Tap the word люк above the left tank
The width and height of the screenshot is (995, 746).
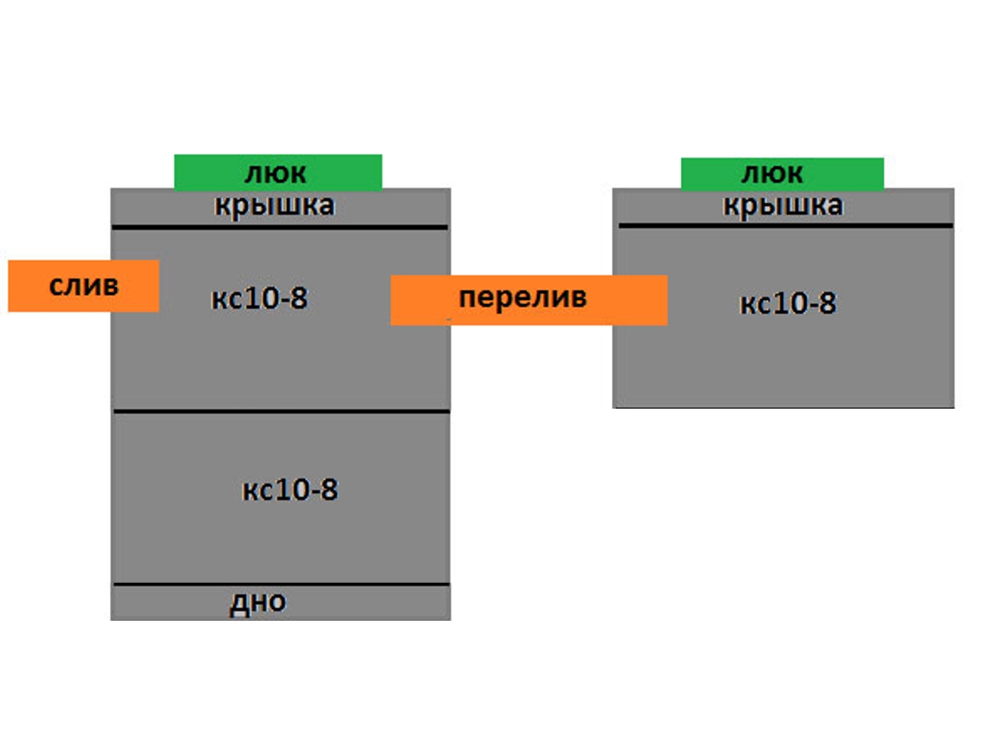(x=275, y=173)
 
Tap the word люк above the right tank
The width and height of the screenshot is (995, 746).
(x=771, y=173)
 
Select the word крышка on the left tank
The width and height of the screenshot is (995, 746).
(x=274, y=206)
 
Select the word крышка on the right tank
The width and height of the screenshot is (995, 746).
(x=783, y=205)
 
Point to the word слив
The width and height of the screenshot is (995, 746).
(x=84, y=286)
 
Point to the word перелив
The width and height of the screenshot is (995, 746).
(x=522, y=298)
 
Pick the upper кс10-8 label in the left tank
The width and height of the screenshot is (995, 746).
(x=259, y=298)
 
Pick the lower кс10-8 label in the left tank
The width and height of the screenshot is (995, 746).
(x=290, y=490)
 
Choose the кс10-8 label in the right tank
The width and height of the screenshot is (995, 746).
(x=788, y=304)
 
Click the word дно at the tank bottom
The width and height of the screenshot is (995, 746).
(x=257, y=603)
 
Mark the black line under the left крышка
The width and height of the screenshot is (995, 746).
(x=280, y=226)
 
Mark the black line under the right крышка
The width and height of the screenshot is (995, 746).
(x=785, y=225)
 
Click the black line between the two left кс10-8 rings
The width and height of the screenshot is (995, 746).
(x=280, y=411)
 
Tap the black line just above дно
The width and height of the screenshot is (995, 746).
(x=280, y=585)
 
